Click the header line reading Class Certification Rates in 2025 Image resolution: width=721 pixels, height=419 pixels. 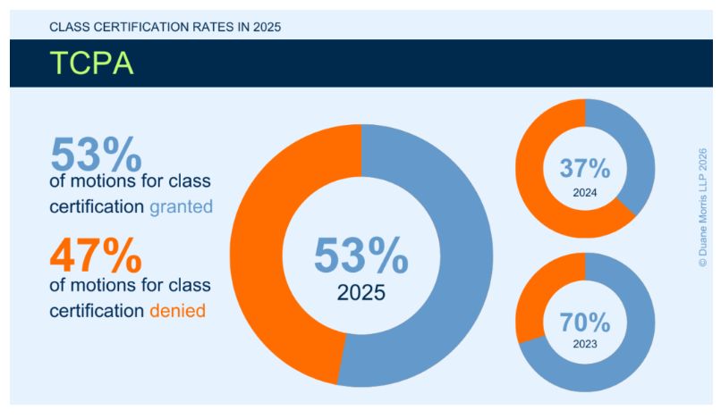[x=165, y=27]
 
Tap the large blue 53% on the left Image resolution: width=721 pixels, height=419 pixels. [x=96, y=155]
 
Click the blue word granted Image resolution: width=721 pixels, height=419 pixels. [x=182, y=206]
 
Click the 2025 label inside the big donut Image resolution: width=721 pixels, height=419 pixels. [x=361, y=292]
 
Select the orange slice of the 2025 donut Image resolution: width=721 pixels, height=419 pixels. [x=264, y=259]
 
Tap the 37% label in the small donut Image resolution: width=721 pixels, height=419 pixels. [x=584, y=168]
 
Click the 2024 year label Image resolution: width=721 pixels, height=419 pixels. [x=585, y=191]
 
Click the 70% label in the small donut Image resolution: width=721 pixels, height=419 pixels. [x=584, y=322]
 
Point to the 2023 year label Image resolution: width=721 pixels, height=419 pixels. [x=585, y=344]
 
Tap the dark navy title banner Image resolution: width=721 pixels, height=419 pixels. [x=403, y=63]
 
